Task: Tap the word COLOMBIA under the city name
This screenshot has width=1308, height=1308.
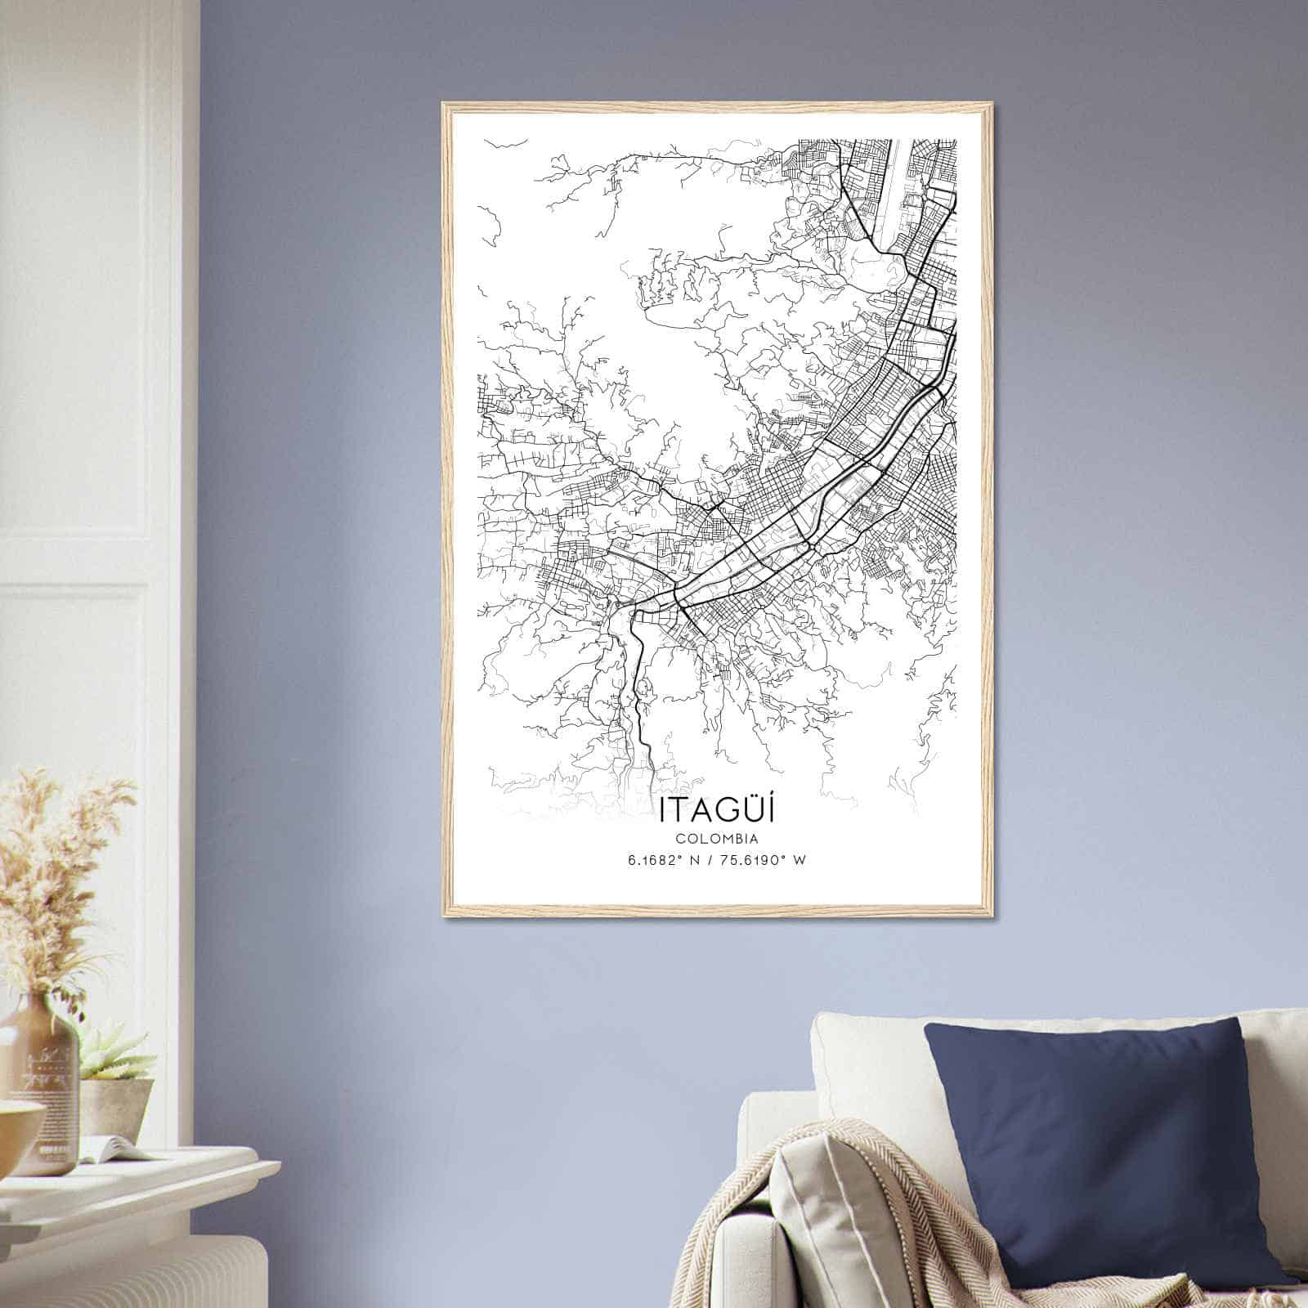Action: click(x=716, y=838)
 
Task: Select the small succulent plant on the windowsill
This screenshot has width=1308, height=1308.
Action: click(x=114, y=1055)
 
